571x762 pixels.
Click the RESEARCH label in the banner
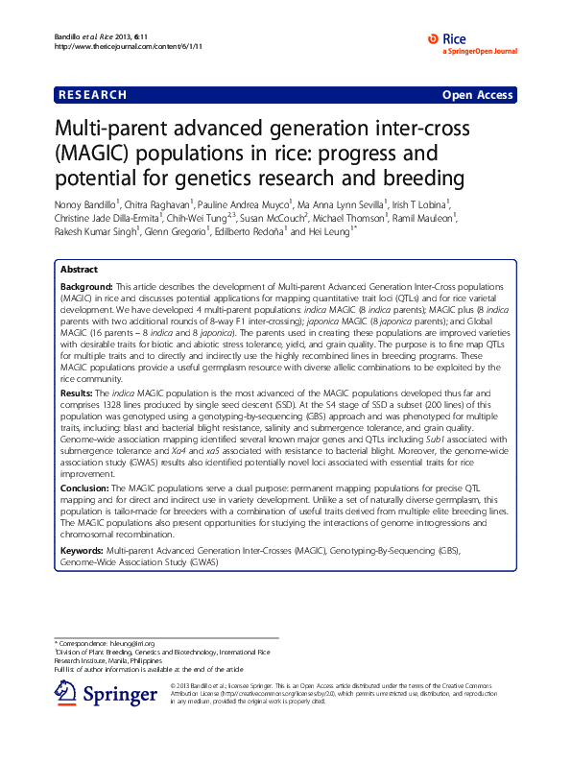[x=93, y=95]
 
